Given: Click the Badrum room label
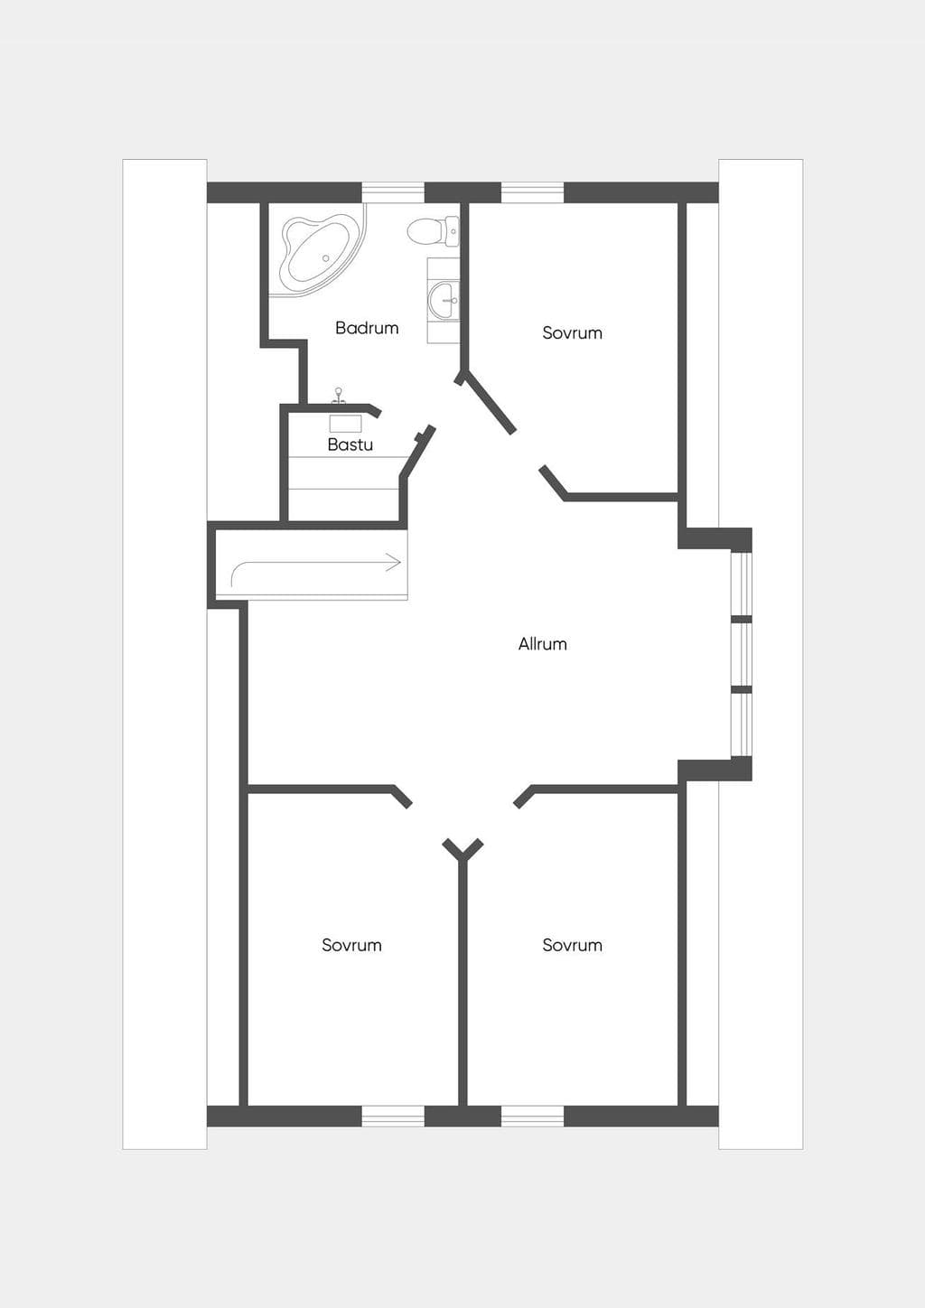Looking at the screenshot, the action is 367,328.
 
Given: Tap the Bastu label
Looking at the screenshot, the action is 350,444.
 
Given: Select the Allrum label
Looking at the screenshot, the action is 543,643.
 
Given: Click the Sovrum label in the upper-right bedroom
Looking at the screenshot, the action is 573,332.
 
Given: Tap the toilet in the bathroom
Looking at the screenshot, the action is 433,231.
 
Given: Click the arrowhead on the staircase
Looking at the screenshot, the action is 396,563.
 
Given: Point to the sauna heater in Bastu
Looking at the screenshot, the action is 346,424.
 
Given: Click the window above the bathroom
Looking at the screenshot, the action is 393,192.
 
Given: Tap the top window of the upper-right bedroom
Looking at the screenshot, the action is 533,192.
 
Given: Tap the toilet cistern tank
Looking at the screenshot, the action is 453,231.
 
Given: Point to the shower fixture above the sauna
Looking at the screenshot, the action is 338,396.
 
